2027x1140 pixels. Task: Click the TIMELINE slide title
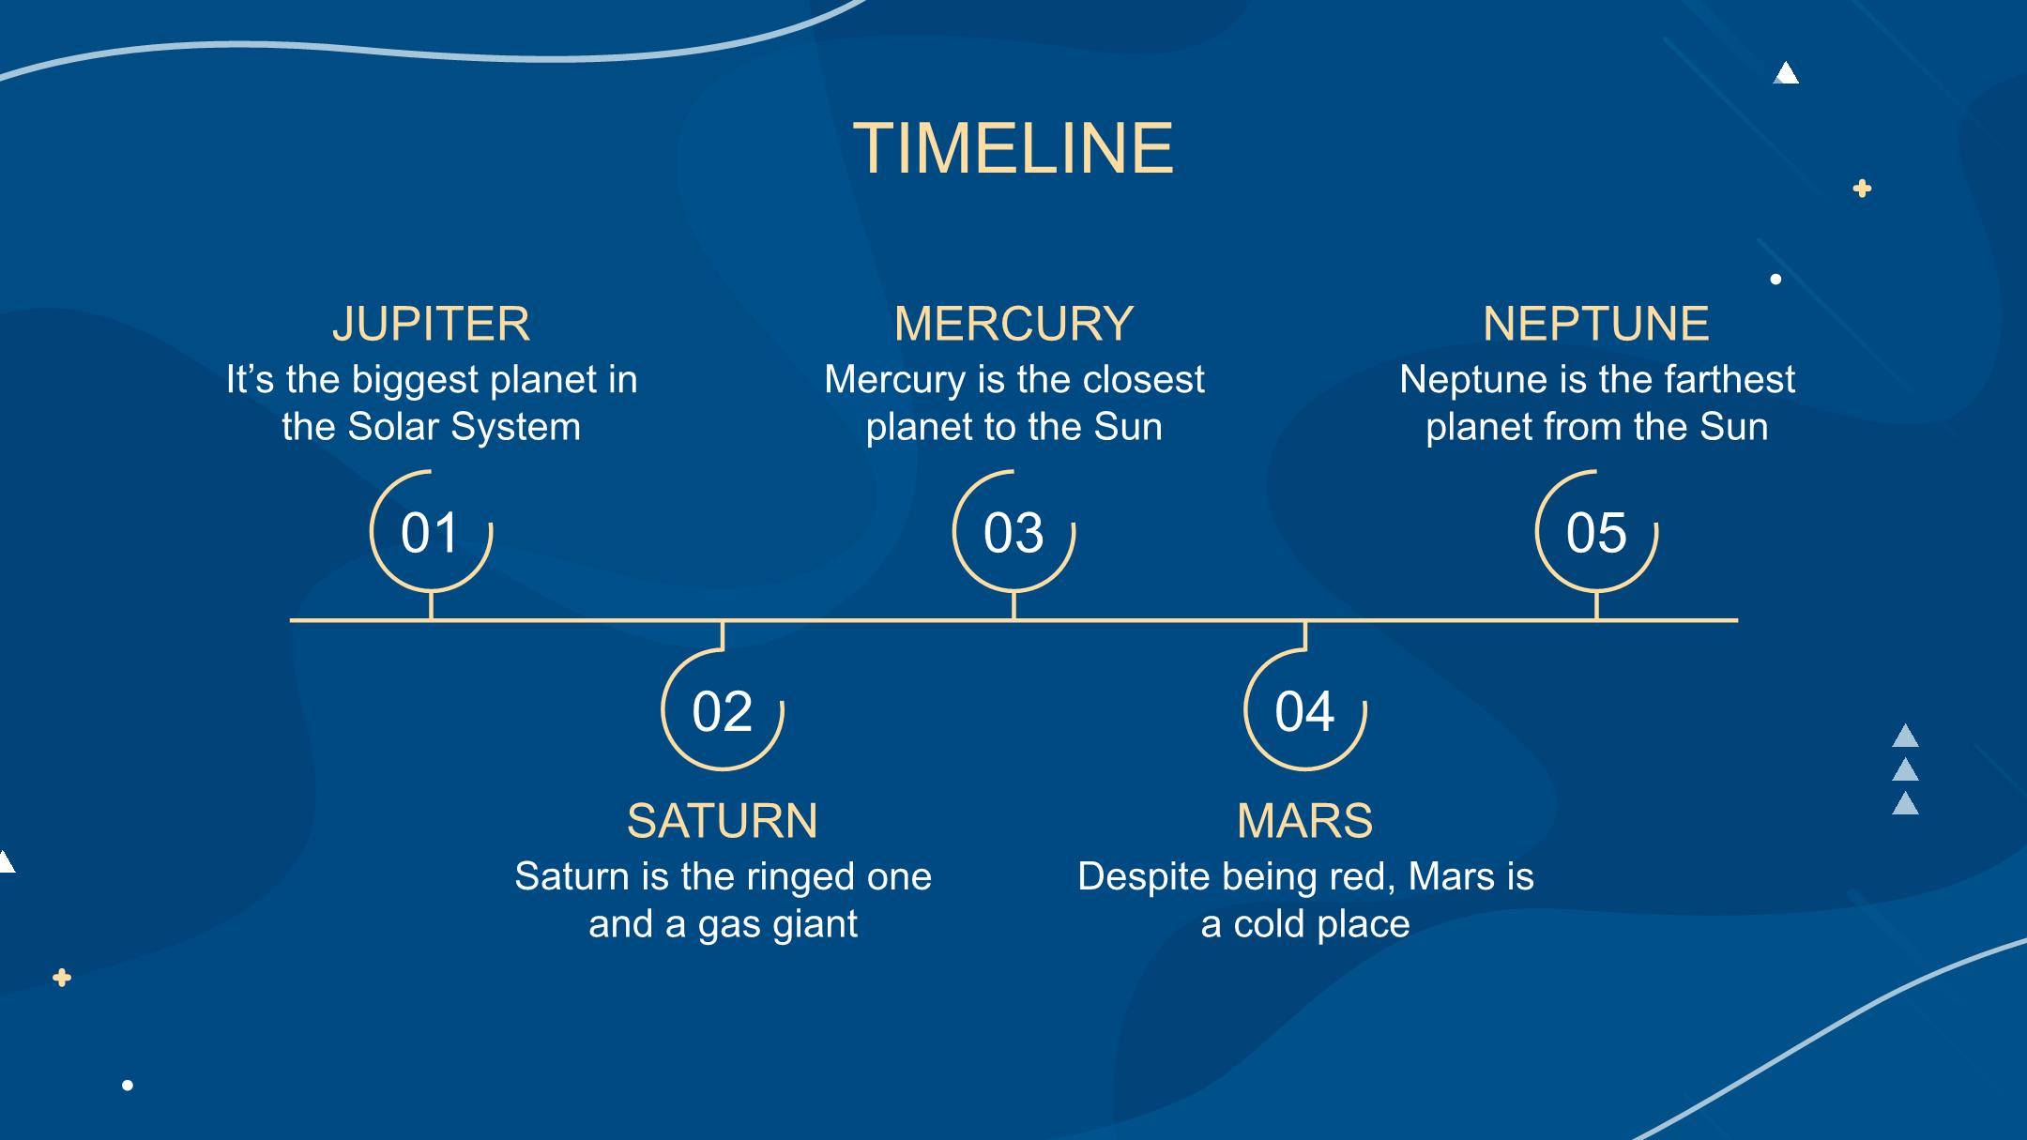pos(1013,148)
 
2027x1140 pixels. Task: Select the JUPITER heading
pos(431,324)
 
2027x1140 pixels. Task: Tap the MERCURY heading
pos(1013,324)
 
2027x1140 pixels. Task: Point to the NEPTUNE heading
pos(1596,324)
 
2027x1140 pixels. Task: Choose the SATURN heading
pos(723,821)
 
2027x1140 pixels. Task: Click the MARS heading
pos(1305,821)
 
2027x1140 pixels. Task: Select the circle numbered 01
pos(371,531)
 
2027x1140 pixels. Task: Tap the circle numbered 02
pos(663,710)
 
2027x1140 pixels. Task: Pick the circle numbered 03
pos(954,531)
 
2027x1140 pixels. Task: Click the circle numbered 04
pos(1246,710)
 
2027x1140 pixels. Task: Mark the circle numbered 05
pos(1537,531)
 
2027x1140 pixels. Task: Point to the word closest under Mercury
pos(1143,380)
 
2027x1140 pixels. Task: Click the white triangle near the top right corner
pos(1786,72)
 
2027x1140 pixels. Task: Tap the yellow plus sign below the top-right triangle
pos(1863,189)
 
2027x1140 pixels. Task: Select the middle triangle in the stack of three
pos(1905,770)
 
